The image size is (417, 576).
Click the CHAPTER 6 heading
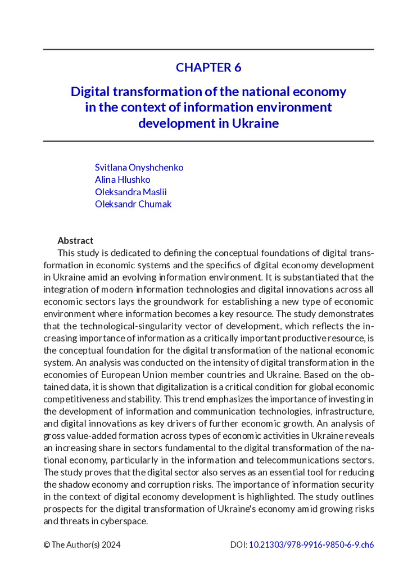tap(208, 67)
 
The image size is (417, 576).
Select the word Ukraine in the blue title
tap(256, 123)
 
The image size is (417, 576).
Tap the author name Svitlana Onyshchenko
tap(139, 168)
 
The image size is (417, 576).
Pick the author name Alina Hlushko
tap(123, 180)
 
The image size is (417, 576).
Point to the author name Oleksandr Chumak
tap(133, 204)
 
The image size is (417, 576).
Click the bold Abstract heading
tap(75, 241)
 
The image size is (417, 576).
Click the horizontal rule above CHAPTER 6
tap(208, 49)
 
